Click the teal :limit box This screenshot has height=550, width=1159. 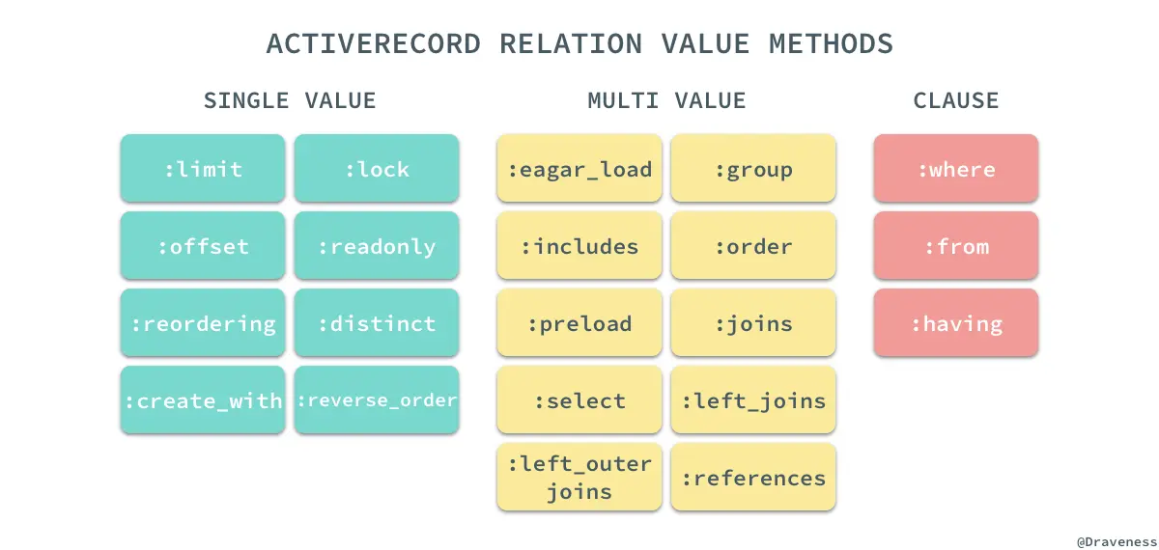[x=203, y=169]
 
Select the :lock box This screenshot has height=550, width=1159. [x=377, y=169]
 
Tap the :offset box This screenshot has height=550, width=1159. [x=203, y=246]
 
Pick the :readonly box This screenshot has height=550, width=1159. [x=377, y=246]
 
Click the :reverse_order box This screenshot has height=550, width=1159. [x=377, y=399]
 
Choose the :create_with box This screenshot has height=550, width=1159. [x=203, y=399]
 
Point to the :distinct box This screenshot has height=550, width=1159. [x=377, y=323]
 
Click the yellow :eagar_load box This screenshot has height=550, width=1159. [x=579, y=169]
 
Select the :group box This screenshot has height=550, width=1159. [x=753, y=169]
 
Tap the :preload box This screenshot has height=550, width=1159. [x=579, y=323]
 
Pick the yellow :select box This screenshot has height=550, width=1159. [x=579, y=399]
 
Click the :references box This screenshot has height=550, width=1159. [x=753, y=478]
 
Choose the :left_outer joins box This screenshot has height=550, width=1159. [x=579, y=478]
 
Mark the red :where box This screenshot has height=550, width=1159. [x=956, y=169]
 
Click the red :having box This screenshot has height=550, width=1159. [x=956, y=323]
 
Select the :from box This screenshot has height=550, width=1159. [x=956, y=246]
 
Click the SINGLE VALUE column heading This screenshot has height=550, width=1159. [x=290, y=100]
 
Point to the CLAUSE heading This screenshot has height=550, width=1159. [x=956, y=100]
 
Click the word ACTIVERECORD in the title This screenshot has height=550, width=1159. [x=373, y=44]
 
